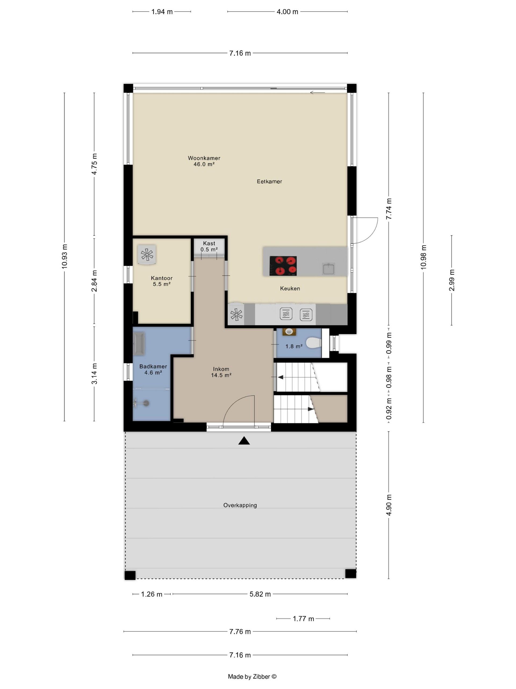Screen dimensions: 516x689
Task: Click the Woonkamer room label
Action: [x=204, y=158]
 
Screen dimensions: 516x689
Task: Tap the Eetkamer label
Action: [x=269, y=181]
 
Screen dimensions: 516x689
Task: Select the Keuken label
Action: [x=290, y=289]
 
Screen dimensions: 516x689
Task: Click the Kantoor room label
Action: [x=162, y=278]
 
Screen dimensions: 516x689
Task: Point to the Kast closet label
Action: [x=209, y=243]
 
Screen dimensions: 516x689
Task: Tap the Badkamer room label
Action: [x=153, y=366]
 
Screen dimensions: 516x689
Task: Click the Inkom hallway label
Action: [x=221, y=369]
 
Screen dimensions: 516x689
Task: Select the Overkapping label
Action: [x=240, y=505]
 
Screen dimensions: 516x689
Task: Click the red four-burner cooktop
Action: [x=283, y=266]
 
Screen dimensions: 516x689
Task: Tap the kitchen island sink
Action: [x=328, y=269]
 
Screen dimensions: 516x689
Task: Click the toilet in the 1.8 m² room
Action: [x=314, y=343]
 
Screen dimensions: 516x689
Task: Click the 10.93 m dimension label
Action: [x=64, y=256]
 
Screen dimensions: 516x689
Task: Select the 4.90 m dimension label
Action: [x=389, y=505]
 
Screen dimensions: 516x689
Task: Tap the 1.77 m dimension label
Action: [x=303, y=618]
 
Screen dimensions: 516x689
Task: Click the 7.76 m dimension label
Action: [x=240, y=631]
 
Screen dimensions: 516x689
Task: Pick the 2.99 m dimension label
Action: [x=451, y=280]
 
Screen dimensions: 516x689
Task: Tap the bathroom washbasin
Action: [x=139, y=344]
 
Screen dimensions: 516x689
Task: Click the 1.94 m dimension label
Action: [x=162, y=12]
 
